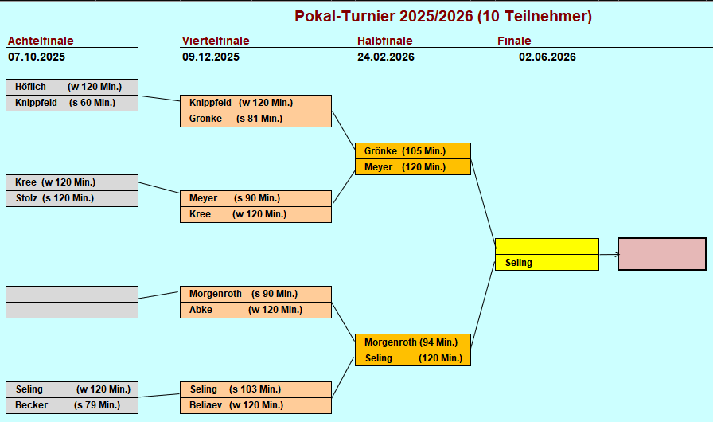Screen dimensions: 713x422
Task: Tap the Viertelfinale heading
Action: click(x=216, y=41)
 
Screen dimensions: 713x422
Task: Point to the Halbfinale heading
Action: click(x=384, y=41)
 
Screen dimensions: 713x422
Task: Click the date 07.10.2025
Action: click(x=37, y=57)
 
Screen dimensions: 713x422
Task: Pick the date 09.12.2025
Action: click(x=211, y=57)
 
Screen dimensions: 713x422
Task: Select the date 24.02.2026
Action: click(x=386, y=57)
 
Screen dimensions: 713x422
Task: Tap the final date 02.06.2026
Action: click(x=547, y=57)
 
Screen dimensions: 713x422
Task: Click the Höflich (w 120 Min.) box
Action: click(x=72, y=87)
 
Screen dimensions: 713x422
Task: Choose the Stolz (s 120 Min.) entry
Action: click(x=72, y=198)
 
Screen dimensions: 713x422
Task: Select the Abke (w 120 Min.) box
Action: click(x=255, y=310)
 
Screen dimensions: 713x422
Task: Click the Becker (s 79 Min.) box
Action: click(x=72, y=405)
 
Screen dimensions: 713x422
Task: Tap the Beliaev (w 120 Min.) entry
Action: click(x=255, y=405)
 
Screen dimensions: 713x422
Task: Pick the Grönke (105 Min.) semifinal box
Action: click(x=412, y=151)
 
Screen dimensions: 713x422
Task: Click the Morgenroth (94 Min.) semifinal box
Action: click(x=412, y=342)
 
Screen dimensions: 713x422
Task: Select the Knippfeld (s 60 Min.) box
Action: click(x=72, y=103)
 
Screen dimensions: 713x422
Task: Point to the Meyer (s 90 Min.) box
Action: click(x=255, y=198)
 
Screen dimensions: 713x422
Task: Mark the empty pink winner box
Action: click(x=662, y=254)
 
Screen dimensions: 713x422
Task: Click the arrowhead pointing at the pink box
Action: click(x=615, y=255)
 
